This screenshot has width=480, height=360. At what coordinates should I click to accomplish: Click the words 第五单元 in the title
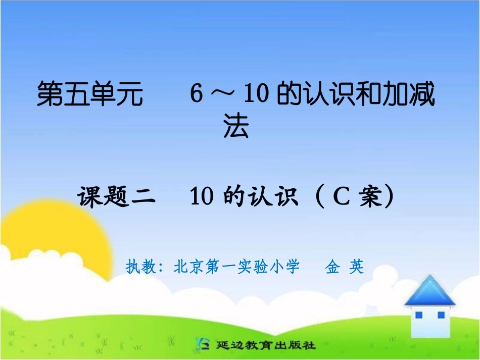coord(90,94)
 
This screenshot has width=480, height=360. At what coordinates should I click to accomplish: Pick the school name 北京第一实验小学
coord(236,266)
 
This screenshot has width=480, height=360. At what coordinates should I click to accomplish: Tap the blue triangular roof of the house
coord(430,292)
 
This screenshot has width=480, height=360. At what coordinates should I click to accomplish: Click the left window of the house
coord(419,315)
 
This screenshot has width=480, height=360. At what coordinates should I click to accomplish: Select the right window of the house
coord(441,315)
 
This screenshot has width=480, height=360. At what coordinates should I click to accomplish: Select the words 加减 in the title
coord(408,94)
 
